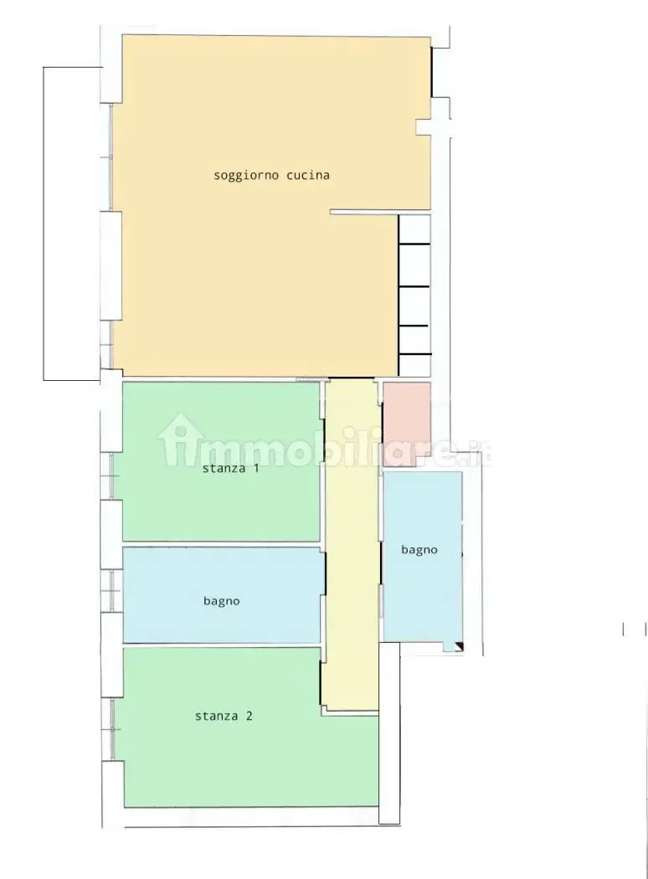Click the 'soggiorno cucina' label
pos(271,176)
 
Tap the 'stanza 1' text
pos(230,467)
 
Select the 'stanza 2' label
pos(224,716)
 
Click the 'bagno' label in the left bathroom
pos(221,602)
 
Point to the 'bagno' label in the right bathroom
pos(419,550)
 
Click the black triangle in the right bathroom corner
pos(460,647)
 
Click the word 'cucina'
pos(308,175)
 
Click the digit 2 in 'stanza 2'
pos(249,716)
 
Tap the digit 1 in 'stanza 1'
pos(255,467)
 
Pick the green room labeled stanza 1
pos(221,461)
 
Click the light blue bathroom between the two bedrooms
pos(224,594)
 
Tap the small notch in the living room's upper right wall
pos(424,127)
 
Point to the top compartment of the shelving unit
pos(414,229)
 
